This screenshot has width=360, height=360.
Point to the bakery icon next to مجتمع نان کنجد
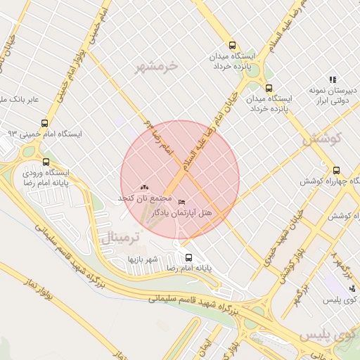tap(145, 188)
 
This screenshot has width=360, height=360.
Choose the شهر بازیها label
tap(141, 259)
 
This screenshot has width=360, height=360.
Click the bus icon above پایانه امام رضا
tap(188, 257)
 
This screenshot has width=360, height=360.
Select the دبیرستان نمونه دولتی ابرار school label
tap(333, 96)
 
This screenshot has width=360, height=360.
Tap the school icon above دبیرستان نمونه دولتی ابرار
tap(333, 80)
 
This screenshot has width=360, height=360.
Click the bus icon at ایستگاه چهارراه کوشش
tap(336, 170)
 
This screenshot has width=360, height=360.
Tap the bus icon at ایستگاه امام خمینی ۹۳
tap(45, 122)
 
